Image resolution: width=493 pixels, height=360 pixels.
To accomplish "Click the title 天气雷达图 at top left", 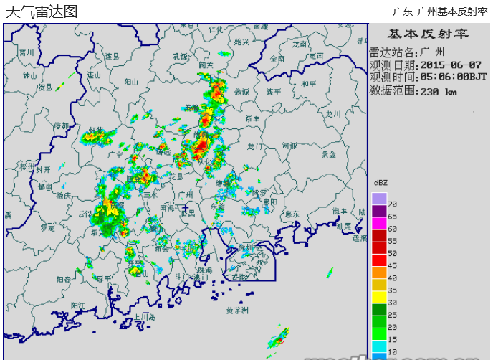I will [x=41, y=11].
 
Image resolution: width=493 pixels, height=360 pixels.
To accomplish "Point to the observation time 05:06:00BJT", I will [x=454, y=77].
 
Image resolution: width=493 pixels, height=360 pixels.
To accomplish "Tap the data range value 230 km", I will [x=438, y=91].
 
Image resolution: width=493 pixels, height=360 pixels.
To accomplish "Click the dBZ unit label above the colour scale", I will [x=379, y=183].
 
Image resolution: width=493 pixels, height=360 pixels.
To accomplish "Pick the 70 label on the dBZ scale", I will [x=392, y=204].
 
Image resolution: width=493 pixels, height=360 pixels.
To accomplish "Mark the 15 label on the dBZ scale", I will [x=392, y=339].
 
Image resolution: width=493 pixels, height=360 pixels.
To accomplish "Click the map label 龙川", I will [x=333, y=113].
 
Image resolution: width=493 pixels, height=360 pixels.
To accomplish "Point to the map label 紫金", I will [x=328, y=153].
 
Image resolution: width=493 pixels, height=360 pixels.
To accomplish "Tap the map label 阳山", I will [x=130, y=82].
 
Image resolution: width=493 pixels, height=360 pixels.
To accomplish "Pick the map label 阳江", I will [x=78, y=305].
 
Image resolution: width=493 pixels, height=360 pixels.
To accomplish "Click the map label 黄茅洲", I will [x=236, y=311].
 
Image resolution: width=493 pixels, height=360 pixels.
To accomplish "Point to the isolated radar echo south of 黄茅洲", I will [x=279, y=337].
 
